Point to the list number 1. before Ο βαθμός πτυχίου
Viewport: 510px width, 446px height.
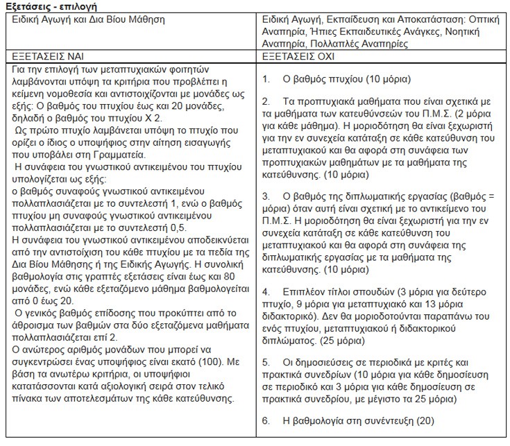(x=266, y=79)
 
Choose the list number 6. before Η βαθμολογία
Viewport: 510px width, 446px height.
(x=266, y=420)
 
